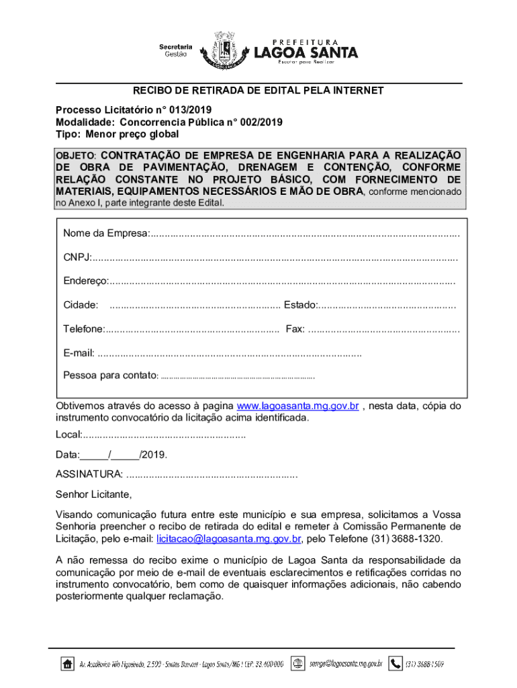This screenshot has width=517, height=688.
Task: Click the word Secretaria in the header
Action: [176, 46]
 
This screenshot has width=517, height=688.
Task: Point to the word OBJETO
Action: [75, 155]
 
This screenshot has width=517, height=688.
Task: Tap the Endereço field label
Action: [85, 281]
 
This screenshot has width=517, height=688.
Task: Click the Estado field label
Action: [300, 305]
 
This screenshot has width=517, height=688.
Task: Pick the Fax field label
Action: [295, 329]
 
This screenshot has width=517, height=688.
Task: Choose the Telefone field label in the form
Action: [83, 329]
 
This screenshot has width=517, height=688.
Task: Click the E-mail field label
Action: [79, 353]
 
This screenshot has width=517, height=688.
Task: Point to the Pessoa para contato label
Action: [110, 376]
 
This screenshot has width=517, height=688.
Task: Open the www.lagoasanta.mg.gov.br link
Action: [298, 406]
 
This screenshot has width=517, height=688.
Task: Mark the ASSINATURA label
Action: [89, 475]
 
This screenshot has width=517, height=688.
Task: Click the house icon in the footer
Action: [67, 664]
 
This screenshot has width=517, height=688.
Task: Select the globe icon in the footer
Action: [299, 663]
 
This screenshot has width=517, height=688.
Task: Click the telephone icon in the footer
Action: [396, 663]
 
